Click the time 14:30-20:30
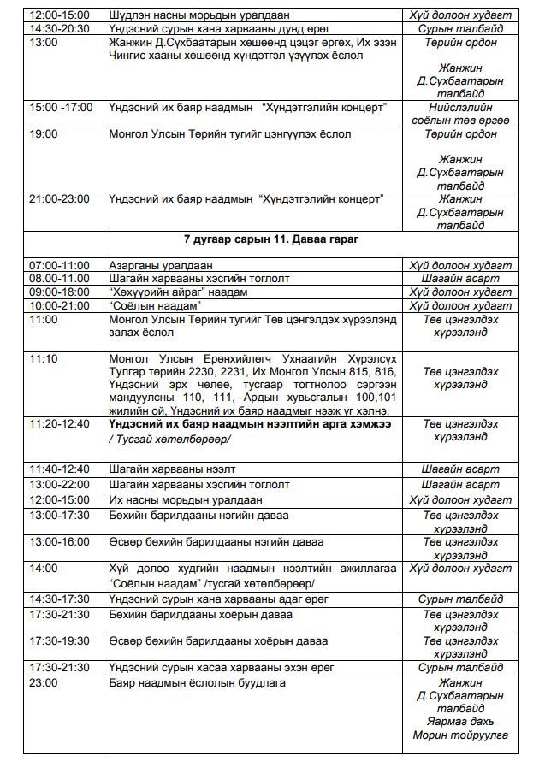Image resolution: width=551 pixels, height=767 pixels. pos(59,28)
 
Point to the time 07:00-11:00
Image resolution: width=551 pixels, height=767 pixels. pos(59,265)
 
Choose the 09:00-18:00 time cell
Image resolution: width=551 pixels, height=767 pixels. pos(59,292)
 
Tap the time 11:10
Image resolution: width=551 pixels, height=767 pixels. pos(44,358)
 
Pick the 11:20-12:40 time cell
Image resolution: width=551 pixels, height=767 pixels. pos(59,423)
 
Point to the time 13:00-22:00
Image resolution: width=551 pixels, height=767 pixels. pos(59,484)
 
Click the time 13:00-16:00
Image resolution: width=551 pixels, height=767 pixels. pos(59,541)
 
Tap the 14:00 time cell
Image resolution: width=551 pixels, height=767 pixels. pos(44,568)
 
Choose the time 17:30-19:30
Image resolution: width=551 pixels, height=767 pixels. pos(59,640)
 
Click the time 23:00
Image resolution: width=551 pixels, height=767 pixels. pos(44,682)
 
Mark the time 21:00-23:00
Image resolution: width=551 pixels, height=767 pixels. pos(59,198)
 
